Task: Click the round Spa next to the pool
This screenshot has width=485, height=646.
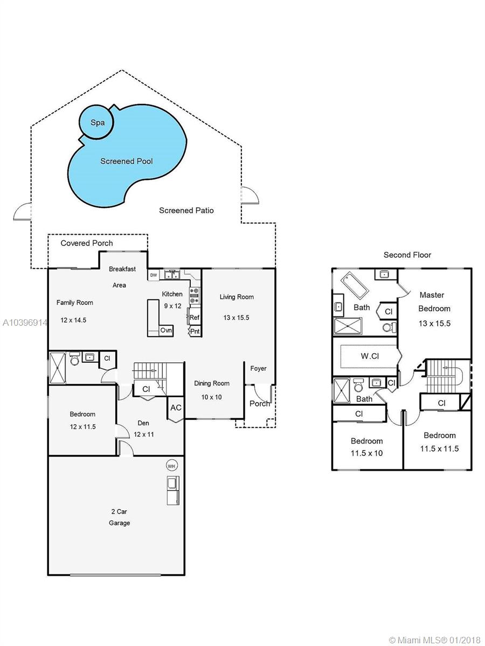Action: click(x=96, y=122)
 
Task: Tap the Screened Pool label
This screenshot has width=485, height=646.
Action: click(x=127, y=161)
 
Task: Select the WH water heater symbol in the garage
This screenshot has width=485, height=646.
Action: click(x=171, y=466)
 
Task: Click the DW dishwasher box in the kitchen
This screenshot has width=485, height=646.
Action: click(x=154, y=275)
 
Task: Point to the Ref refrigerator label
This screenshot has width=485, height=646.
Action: click(x=195, y=318)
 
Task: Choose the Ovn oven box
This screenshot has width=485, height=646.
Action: click(x=166, y=331)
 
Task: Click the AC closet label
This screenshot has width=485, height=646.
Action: click(x=176, y=408)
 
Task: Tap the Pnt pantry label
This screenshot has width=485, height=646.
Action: click(x=195, y=332)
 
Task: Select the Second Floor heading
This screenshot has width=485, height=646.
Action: click(x=407, y=255)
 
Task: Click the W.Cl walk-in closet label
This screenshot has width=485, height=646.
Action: click(x=370, y=356)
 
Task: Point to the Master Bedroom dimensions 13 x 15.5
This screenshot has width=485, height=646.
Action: click(x=435, y=324)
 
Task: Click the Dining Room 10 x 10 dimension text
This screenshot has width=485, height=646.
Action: click(x=211, y=397)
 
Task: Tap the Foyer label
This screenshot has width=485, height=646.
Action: click(x=258, y=368)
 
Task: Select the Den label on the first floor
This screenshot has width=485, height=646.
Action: click(x=143, y=423)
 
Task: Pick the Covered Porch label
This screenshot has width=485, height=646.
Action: click(x=87, y=243)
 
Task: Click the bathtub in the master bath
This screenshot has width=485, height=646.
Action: click(x=355, y=285)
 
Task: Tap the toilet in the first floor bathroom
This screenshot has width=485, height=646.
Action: click(x=74, y=359)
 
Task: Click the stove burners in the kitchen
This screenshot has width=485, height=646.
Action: click(x=194, y=296)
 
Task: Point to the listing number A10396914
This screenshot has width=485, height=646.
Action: click(x=25, y=323)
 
